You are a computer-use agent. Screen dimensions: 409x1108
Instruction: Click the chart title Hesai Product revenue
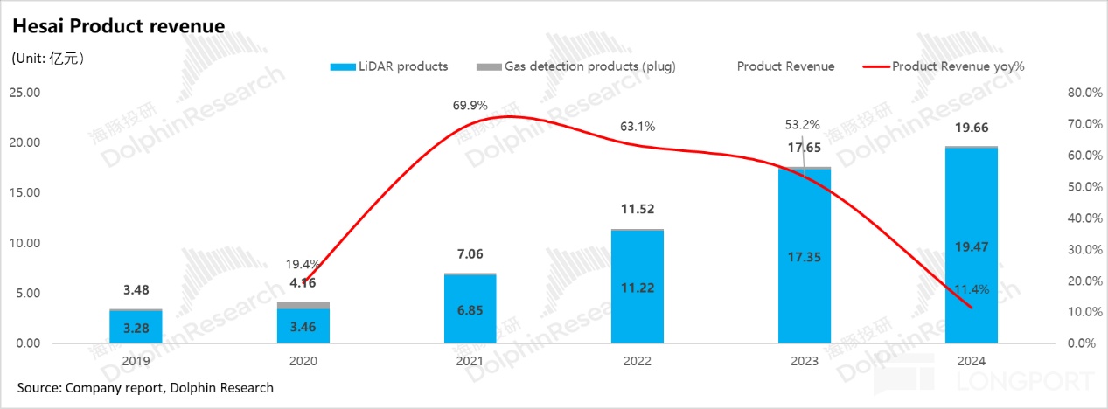pyautogui.click(x=118, y=27)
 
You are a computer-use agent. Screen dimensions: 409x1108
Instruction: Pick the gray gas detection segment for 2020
pyautogui.click(x=303, y=305)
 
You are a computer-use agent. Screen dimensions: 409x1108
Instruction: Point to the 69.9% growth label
pyautogui.click(x=470, y=105)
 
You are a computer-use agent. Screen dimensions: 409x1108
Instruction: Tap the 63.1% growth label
pyautogui.click(x=637, y=126)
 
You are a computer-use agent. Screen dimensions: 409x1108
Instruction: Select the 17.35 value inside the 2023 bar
pyautogui.click(x=804, y=257)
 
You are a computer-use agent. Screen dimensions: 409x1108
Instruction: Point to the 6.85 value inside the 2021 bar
pyautogui.click(x=470, y=309)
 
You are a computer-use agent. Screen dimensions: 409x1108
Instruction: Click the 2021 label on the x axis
pyautogui.click(x=470, y=360)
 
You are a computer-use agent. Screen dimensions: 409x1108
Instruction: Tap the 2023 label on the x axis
pyautogui.click(x=804, y=360)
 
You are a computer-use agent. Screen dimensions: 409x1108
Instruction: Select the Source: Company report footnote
pyautogui.click(x=145, y=387)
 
